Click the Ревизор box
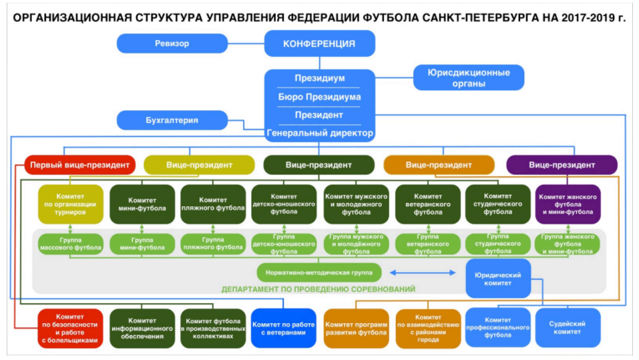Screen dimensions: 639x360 [x=172, y=43]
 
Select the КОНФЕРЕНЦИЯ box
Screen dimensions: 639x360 [x=319, y=43]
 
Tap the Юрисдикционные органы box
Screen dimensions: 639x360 [x=469, y=77]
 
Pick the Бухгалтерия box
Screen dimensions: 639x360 [x=172, y=120]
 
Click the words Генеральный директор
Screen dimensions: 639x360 [x=320, y=133]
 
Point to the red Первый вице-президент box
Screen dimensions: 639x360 [x=80, y=165]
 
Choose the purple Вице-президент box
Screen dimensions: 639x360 [x=562, y=165]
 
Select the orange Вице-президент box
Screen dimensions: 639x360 [x=439, y=165]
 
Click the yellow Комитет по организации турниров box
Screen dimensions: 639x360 [x=71, y=204]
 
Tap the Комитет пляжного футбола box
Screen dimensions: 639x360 [x=213, y=204]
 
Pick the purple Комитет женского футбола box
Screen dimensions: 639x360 [x=568, y=204]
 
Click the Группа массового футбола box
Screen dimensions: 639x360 [x=71, y=244]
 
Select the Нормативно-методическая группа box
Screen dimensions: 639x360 [x=319, y=273]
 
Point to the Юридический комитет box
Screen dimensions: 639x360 [x=498, y=279]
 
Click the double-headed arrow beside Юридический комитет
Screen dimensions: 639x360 [x=423, y=273]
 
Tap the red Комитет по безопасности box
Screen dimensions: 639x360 [x=70, y=328]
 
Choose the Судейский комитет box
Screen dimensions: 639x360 [x=568, y=327]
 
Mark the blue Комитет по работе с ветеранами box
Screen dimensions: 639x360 [x=284, y=328]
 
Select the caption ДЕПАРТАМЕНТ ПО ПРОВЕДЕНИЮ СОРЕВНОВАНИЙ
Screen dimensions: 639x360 [x=318, y=289]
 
